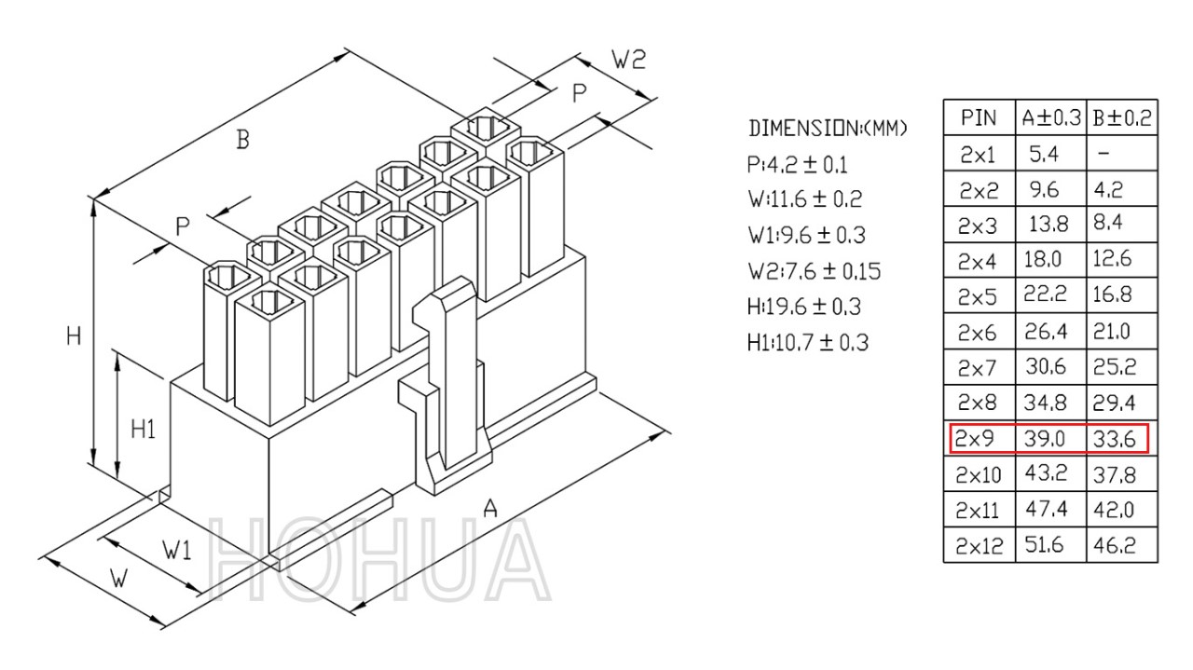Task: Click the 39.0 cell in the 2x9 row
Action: point(1045,438)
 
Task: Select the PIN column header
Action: point(979,117)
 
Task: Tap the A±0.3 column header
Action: point(1051,117)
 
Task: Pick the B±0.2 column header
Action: point(1122,117)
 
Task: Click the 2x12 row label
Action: point(979,545)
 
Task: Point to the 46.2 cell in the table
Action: point(1114,545)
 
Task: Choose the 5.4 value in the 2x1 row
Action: point(1044,154)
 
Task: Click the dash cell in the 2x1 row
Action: point(1104,154)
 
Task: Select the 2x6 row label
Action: point(977,333)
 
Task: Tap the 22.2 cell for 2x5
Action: point(1045,294)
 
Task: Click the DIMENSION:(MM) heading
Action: point(828,129)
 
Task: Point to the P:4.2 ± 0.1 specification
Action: point(797,165)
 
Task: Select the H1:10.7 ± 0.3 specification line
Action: point(808,343)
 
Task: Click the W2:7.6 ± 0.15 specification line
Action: point(815,271)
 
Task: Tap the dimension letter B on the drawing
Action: point(242,140)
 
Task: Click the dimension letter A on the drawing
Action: point(490,508)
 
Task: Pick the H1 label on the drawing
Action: point(144,429)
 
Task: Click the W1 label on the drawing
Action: point(177,550)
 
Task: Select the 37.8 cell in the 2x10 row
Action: point(1114,474)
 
